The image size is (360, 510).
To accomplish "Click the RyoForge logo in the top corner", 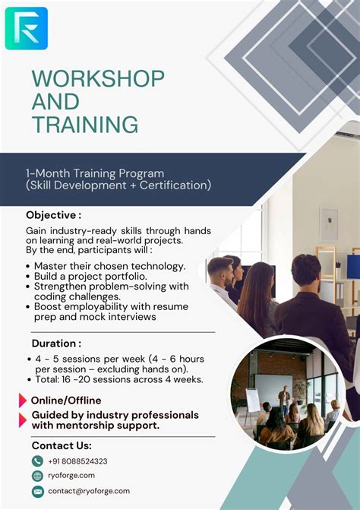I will tap(26, 28).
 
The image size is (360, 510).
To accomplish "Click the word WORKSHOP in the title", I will tap(98, 79).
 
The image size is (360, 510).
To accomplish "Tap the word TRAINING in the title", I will tap(85, 125).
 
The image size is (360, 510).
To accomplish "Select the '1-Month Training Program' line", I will tap(95, 173).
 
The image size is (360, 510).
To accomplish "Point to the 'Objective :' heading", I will tap(53, 215).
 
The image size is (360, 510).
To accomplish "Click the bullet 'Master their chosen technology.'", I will tap(109, 266).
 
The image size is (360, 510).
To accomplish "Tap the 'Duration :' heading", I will tap(55, 344).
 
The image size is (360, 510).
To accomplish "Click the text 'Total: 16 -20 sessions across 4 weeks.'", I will tap(118, 379).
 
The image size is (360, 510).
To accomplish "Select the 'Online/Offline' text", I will tap(65, 401).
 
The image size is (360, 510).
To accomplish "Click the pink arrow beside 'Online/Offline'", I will tap(22, 401).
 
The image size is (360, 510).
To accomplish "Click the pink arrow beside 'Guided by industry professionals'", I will tap(22, 420).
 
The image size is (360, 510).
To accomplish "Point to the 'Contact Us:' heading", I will tap(62, 445).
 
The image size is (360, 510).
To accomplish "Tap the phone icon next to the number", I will tap(37, 461).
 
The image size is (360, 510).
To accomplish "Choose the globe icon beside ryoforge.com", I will tap(37, 476).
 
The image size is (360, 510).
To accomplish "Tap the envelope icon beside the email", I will tap(37, 491).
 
